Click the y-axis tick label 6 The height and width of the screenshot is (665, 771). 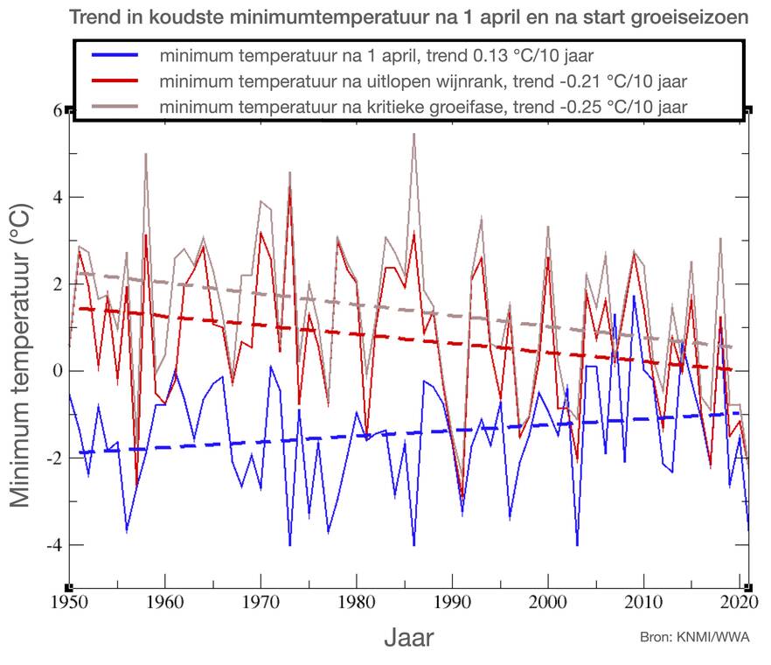[x=58, y=110]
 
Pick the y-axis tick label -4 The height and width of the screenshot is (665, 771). [x=53, y=545]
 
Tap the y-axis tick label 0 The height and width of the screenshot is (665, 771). [x=58, y=371]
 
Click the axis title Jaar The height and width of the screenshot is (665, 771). [x=408, y=637]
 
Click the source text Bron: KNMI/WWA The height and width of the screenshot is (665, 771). [x=695, y=637]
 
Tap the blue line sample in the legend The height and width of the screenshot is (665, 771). [x=114, y=56]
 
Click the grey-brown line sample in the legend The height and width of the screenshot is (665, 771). [x=114, y=106]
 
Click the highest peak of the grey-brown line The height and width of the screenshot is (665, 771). [x=413, y=134]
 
